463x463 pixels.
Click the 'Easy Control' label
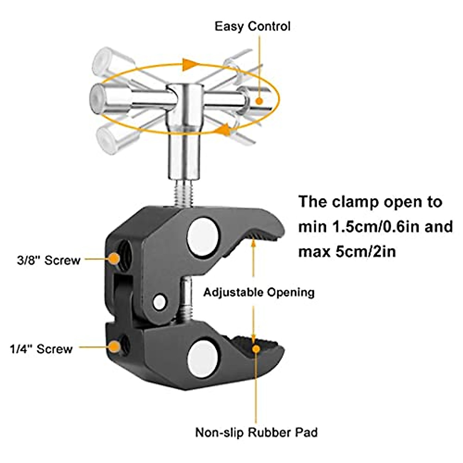(x=252, y=27)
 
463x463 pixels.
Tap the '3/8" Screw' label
(x=48, y=260)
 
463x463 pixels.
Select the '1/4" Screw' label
(x=41, y=349)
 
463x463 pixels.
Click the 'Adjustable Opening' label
(x=259, y=292)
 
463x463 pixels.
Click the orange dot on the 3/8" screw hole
(x=113, y=259)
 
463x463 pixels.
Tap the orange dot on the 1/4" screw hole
(x=113, y=347)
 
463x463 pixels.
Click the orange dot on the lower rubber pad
(x=255, y=348)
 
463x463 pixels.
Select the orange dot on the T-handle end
(x=259, y=101)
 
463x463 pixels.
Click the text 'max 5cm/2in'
(x=347, y=252)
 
